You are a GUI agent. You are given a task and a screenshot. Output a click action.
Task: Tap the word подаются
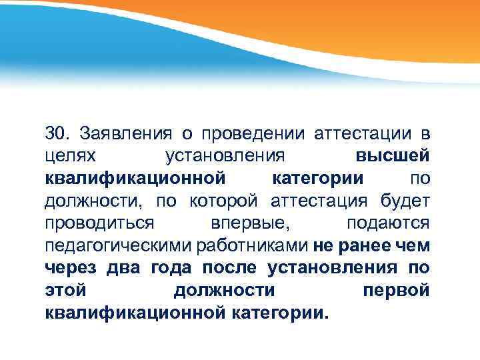pos(389,223)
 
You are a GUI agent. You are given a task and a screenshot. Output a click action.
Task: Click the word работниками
pos(253,245)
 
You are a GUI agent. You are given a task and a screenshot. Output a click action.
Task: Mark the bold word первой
pos(396,290)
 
